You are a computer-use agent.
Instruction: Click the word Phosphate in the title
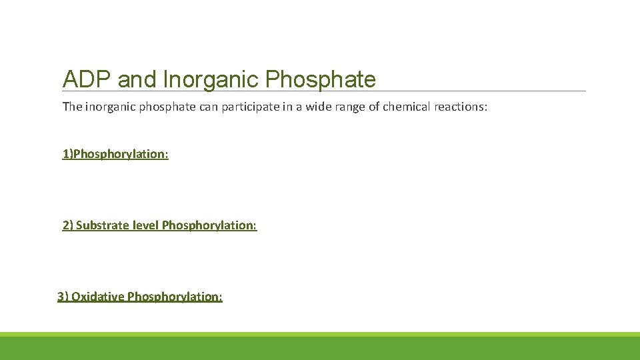[321, 79]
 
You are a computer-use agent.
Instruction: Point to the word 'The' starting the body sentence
[72, 107]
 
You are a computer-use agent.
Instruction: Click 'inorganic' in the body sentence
[110, 107]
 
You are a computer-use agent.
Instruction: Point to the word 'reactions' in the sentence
[461, 107]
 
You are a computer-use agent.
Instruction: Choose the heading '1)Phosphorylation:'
[115, 154]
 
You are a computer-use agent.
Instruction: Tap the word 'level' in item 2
[145, 225]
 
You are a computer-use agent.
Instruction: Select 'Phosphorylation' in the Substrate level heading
[209, 225]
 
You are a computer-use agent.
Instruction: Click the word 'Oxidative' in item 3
[97, 297]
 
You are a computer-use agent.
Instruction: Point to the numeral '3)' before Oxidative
[63, 297]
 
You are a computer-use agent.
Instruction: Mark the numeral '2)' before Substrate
[68, 225]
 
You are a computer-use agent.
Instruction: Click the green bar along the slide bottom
[320, 347]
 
